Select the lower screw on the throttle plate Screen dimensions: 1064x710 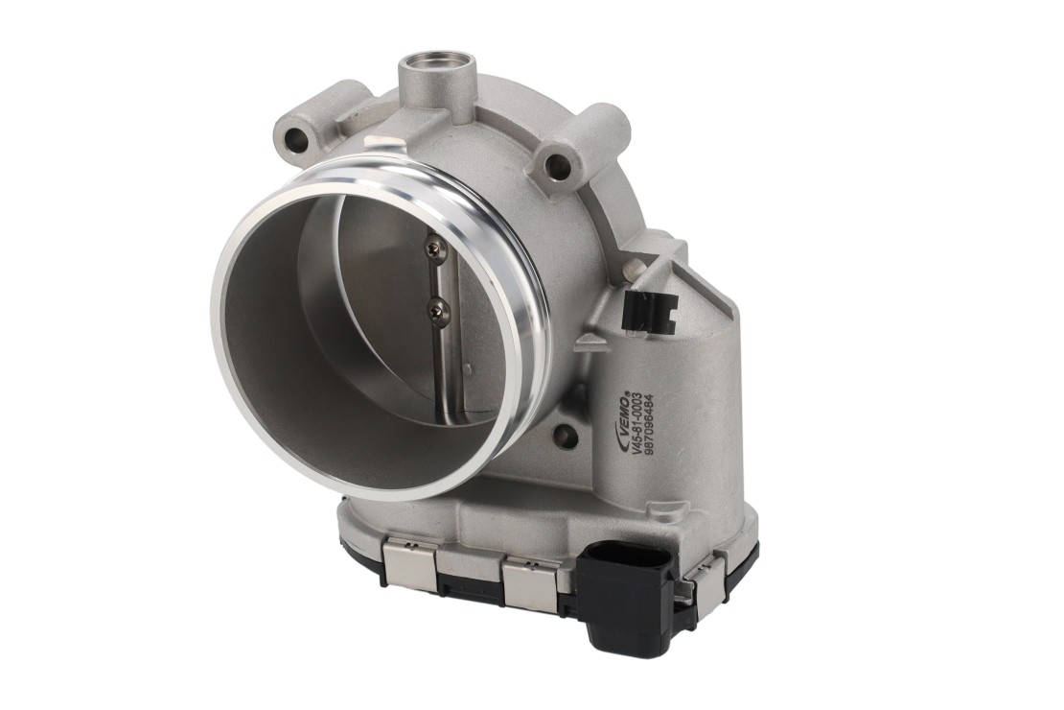point(435,311)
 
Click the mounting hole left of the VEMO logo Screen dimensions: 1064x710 point(561,432)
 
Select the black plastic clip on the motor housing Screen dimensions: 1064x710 point(649,310)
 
